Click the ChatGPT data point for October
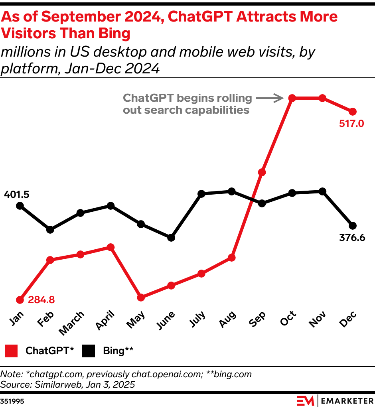[292, 98]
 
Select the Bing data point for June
[171, 237]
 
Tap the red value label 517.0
[351, 123]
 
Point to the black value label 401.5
[17, 195]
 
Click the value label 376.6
[352, 239]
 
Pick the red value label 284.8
[41, 299]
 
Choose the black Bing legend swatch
[89, 351]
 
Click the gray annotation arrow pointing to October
[269, 98]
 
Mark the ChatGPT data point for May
[140, 297]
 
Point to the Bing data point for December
[352, 225]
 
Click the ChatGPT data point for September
[262, 172]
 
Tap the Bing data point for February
[50, 230]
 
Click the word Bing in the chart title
[113, 34]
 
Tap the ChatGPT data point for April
[111, 247]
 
